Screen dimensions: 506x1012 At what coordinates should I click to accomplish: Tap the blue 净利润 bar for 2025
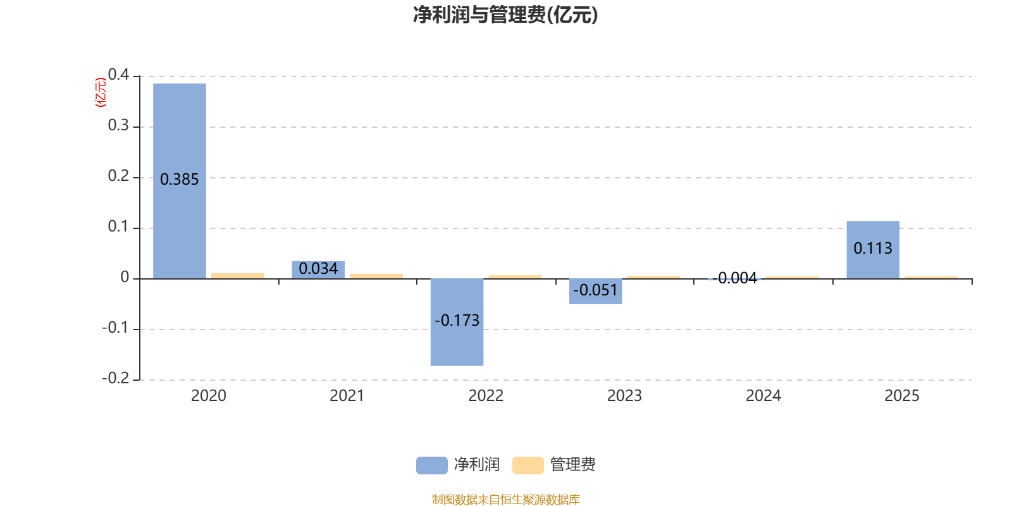873,266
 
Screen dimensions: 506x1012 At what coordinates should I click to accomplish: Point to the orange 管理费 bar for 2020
238,276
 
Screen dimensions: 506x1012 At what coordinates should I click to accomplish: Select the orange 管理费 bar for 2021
376,276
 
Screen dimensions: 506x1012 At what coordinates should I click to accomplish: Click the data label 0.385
180,180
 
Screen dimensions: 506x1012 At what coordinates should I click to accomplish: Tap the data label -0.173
457,321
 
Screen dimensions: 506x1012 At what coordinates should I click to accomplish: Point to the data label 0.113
873,249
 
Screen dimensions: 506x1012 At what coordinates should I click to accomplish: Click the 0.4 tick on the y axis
118,75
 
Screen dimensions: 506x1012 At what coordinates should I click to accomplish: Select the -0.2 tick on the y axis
116,378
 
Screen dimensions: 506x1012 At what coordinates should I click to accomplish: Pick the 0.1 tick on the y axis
118,226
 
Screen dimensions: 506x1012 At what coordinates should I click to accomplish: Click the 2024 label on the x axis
763,396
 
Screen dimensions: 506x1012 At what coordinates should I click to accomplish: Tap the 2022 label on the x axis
486,396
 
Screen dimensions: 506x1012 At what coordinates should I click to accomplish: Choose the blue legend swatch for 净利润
431,466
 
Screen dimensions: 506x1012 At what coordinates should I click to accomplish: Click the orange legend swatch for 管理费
528,466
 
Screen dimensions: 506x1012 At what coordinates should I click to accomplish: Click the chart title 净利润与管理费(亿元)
505,15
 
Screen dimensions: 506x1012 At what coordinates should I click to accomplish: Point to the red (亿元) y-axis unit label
100,92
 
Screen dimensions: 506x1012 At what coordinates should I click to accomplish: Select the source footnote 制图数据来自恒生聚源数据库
505,500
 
